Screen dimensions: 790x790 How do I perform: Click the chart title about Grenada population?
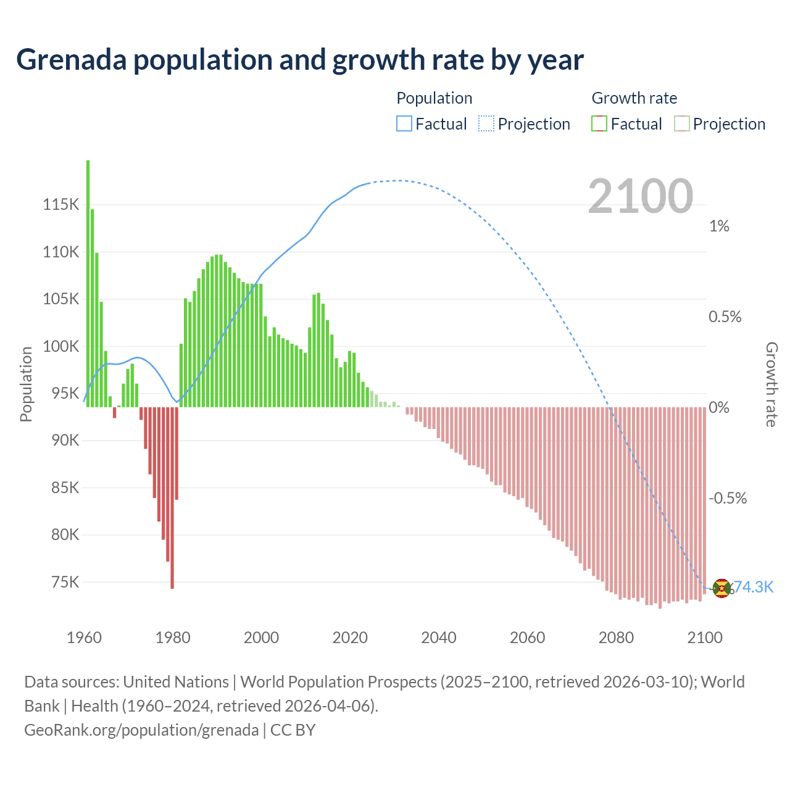pyautogui.click(x=300, y=60)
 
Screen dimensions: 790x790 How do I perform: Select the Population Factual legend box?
pyautogui.click(x=404, y=124)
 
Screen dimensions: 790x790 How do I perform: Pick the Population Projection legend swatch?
pyautogui.click(x=486, y=124)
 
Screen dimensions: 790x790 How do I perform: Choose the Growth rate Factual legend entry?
pyautogui.click(x=599, y=124)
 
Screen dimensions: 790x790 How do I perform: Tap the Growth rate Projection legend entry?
pyautogui.click(x=682, y=124)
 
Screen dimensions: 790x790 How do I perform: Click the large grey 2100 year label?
pyautogui.click(x=640, y=196)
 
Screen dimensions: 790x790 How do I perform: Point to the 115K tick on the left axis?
pyautogui.click(x=60, y=204)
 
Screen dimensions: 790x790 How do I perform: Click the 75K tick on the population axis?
pyautogui.click(x=64, y=582)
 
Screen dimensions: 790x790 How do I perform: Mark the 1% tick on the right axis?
pyautogui.click(x=719, y=227)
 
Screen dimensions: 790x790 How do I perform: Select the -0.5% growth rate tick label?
pyautogui.click(x=727, y=498)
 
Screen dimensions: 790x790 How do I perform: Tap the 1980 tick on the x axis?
pyautogui.click(x=173, y=638)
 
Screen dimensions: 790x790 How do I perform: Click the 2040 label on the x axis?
pyautogui.click(x=438, y=638)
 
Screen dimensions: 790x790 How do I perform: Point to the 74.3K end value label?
pyautogui.click(x=754, y=587)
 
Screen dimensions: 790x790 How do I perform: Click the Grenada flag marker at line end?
pyautogui.click(x=721, y=588)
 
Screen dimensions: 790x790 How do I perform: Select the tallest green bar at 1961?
pyautogui.click(x=88, y=284)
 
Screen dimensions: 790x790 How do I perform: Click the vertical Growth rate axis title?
pyautogui.click(x=771, y=385)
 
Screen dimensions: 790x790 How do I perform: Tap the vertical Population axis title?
pyautogui.click(x=26, y=385)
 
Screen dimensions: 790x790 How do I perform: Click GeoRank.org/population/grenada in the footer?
pyautogui.click(x=141, y=730)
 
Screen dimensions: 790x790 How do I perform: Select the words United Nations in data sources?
pyautogui.click(x=176, y=682)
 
